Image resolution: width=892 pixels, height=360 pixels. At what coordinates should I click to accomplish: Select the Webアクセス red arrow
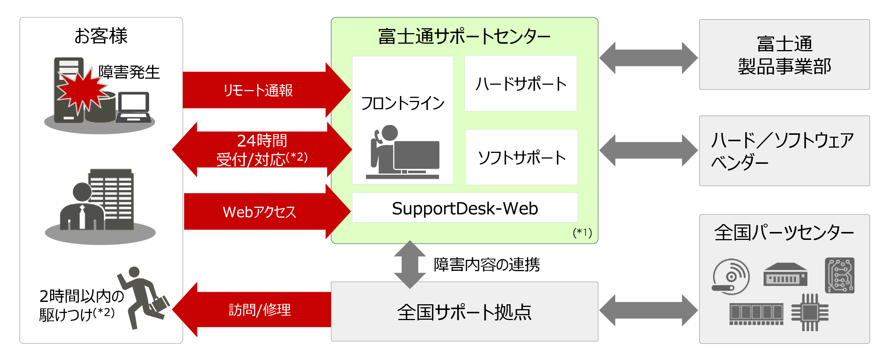point(260,212)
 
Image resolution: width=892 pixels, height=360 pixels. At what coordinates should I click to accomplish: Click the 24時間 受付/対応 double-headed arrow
point(262,149)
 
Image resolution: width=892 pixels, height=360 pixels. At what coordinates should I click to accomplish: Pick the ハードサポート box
point(520,84)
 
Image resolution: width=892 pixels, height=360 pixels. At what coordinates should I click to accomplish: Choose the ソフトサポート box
point(521,157)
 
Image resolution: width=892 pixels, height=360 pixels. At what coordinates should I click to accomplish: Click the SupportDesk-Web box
point(465,208)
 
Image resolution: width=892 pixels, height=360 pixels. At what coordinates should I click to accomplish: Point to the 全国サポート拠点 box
point(464,312)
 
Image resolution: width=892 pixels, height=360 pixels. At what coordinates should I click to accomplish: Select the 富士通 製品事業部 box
point(784,55)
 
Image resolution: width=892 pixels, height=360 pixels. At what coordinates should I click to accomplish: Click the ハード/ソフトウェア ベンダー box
point(784,151)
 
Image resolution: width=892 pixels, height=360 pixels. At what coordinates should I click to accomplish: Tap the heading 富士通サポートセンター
point(464,37)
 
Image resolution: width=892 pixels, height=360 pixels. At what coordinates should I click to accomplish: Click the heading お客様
point(101,36)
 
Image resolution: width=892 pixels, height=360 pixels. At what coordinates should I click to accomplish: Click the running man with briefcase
point(143,297)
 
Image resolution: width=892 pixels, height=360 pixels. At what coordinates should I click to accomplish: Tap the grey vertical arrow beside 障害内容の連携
point(410,265)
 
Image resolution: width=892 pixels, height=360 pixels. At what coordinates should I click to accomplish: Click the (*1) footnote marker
point(582,232)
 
